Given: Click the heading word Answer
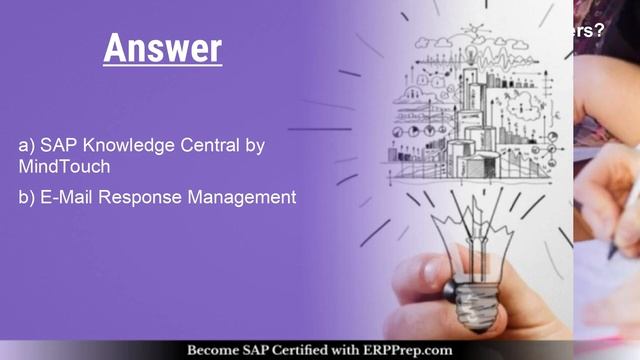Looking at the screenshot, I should pyautogui.click(x=162, y=47).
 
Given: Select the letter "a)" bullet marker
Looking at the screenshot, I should pyautogui.click(x=26, y=146).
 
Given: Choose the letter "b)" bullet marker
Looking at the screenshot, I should pyautogui.click(x=26, y=197).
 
